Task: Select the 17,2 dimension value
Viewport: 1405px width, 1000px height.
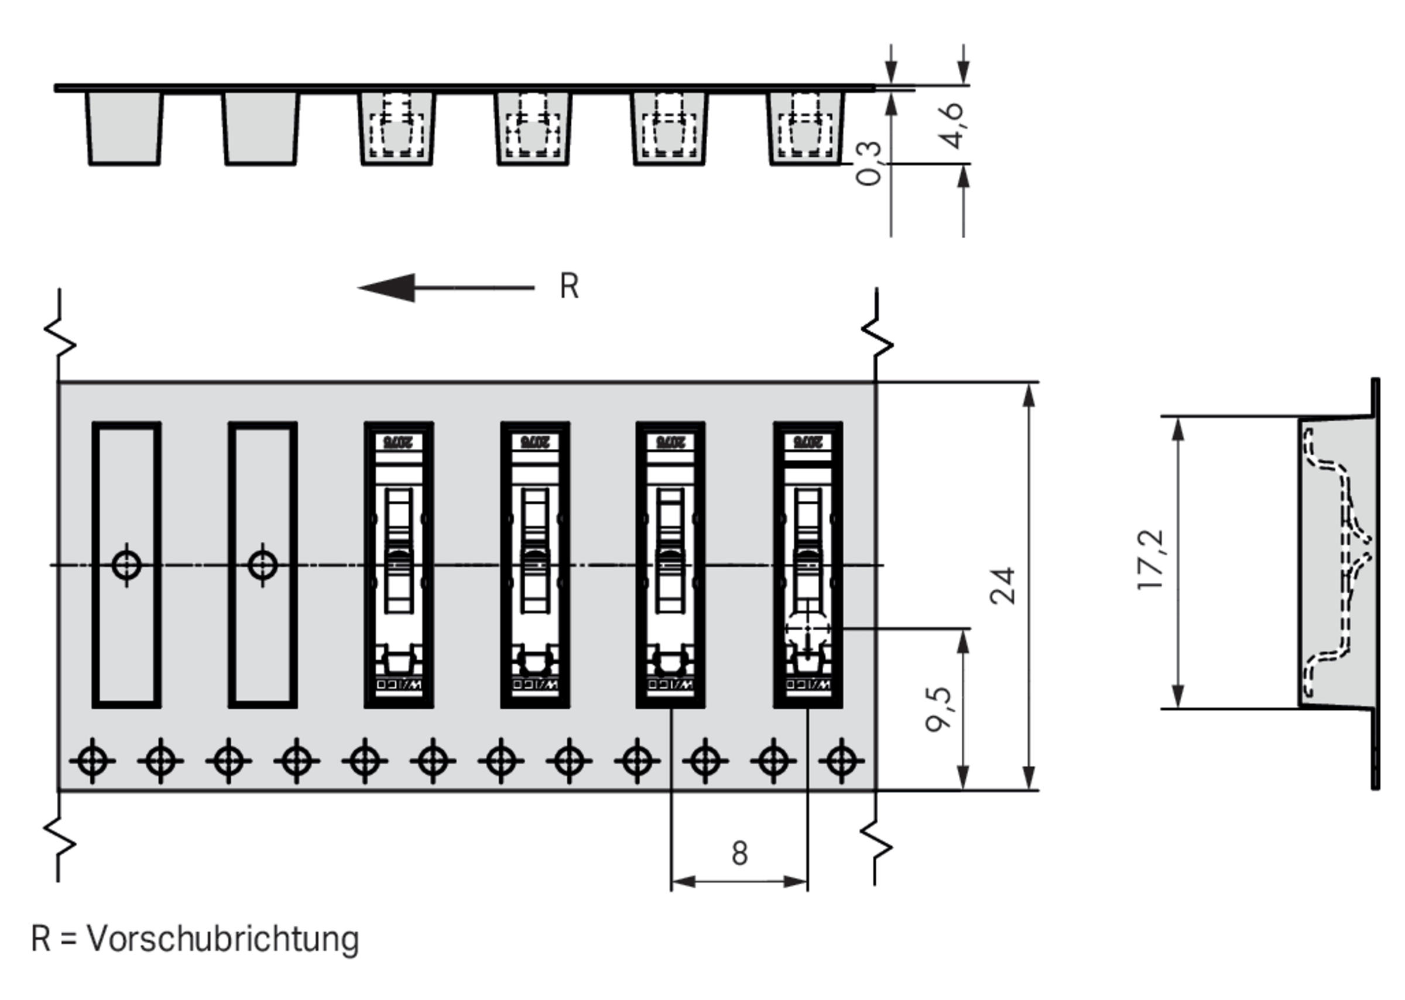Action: tap(1150, 559)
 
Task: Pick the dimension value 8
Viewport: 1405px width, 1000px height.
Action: tap(740, 854)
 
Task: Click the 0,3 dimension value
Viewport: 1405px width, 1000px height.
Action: tap(869, 163)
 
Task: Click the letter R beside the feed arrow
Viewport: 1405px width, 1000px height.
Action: tap(569, 286)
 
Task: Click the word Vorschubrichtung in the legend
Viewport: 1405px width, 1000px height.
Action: tap(223, 939)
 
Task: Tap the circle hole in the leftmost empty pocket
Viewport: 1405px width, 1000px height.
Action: tap(127, 565)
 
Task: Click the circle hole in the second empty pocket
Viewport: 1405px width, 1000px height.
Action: tap(263, 565)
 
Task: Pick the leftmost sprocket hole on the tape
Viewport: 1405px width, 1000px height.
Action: tap(92, 761)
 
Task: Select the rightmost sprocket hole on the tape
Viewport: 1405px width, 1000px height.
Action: tap(841, 761)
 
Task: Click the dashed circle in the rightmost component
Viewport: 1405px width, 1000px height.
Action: tap(807, 629)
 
